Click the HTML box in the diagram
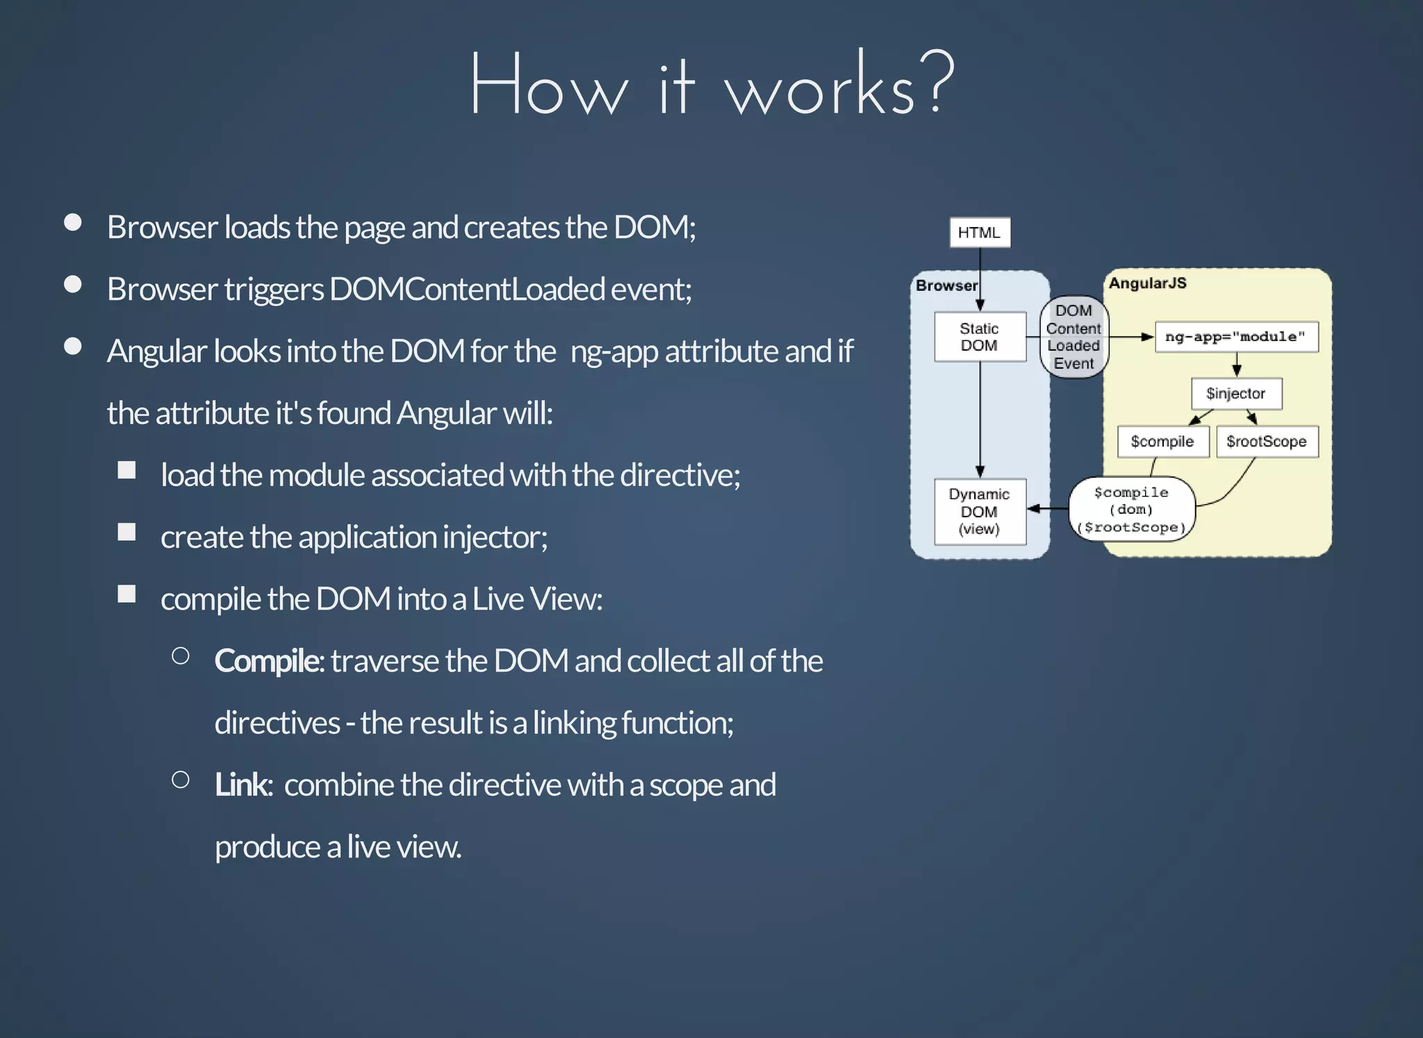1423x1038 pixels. pyautogui.click(x=980, y=233)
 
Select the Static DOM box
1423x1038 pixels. pyautogui.click(x=980, y=337)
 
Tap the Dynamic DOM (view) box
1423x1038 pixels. pyautogui.click(x=980, y=512)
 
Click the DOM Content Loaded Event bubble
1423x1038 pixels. pyautogui.click(x=1074, y=337)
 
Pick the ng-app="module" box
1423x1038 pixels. pyautogui.click(x=1236, y=337)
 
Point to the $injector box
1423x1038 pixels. pyautogui.click(x=1236, y=394)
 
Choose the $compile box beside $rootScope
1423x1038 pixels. pyautogui.click(x=1162, y=442)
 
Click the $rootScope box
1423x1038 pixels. pyautogui.click(x=1267, y=442)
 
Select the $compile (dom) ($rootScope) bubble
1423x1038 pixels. pyautogui.click(x=1132, y=510)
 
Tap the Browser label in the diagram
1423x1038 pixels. pyautogui.click(x=946, y=285)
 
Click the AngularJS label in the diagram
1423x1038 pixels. pyautogui.click(x=1148, y=283)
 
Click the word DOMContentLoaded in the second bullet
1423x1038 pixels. pyautogui.click(x=467, y=290)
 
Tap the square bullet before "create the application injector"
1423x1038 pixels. pyautogui.click(x=126, y=533)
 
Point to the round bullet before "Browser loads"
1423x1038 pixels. pyautogui.click(x=73, y=222)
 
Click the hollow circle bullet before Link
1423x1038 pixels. pyautogui.click(x=181, y=780)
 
